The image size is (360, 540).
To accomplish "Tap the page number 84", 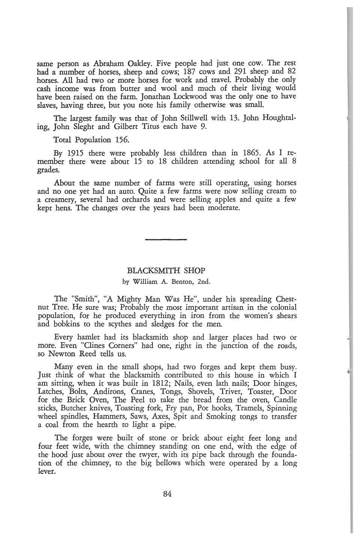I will coord(167,493).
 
